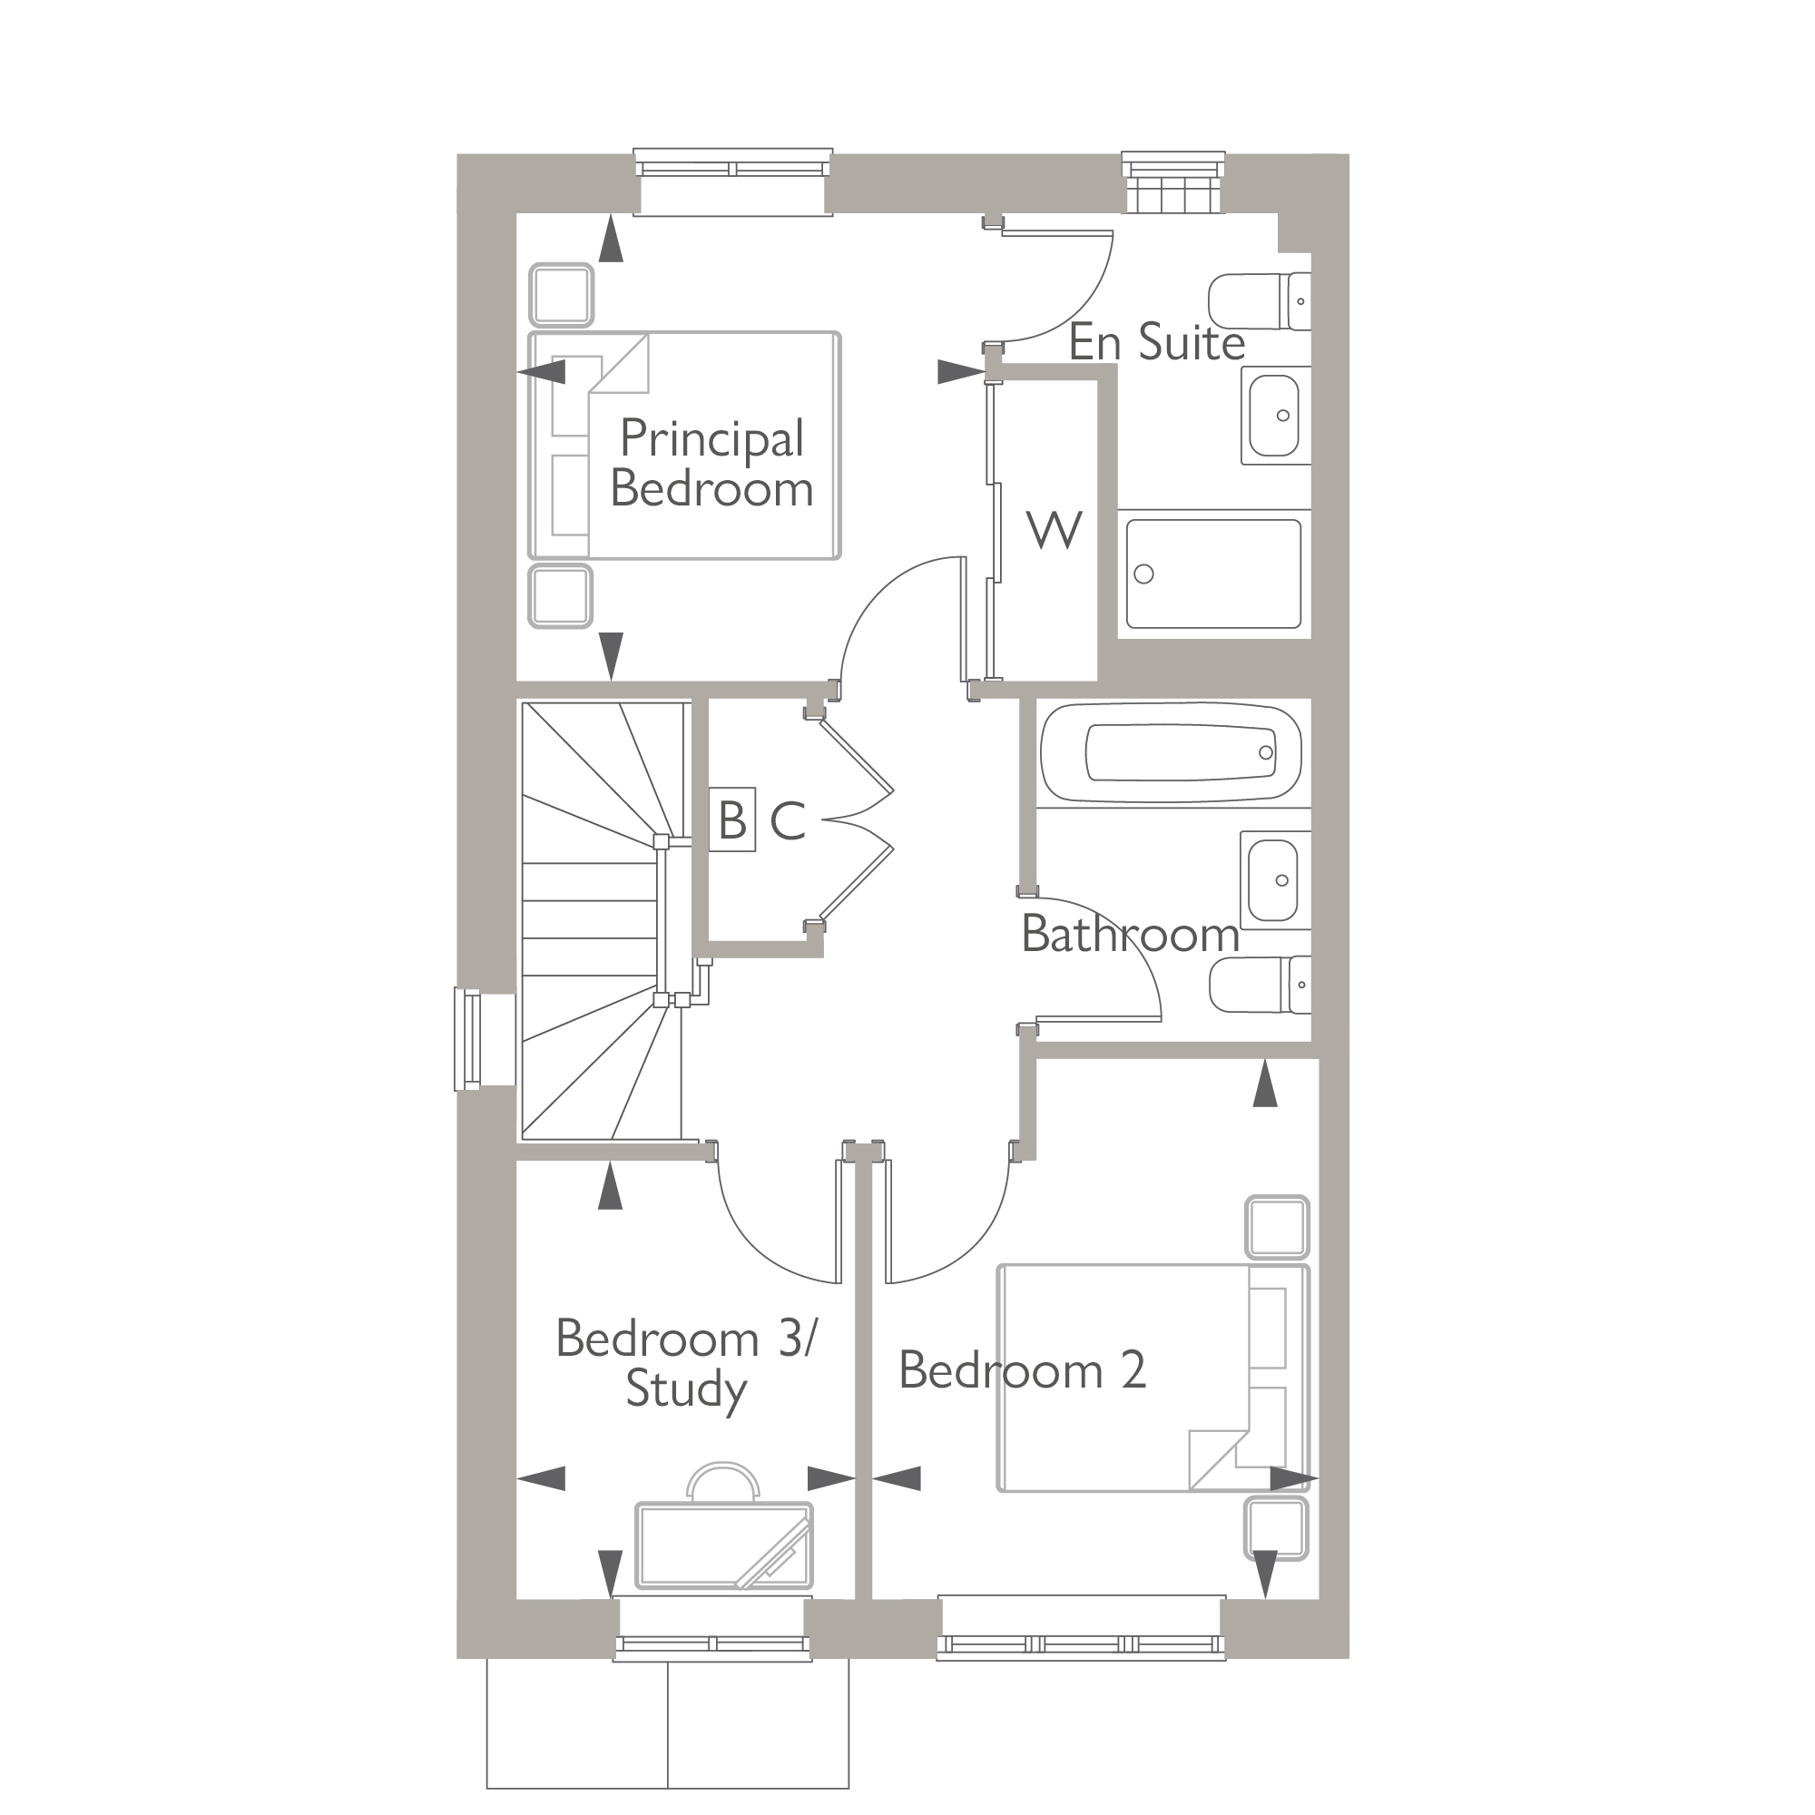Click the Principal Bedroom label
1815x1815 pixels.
[711, 464]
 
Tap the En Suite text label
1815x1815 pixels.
[1156, 343]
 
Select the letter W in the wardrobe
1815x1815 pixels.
[1054, 531]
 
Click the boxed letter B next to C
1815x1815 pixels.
[731, 820]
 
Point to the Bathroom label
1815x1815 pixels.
[1130, 935]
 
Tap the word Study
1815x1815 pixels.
[686, 1389]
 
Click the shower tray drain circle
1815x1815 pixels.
[1143, 574]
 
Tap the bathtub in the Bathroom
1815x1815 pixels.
[1172, 752]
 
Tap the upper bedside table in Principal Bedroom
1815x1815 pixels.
[561, 295]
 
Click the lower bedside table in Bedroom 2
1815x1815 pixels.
[1277, 1528]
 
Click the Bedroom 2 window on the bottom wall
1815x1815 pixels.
[1082, 1645]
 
